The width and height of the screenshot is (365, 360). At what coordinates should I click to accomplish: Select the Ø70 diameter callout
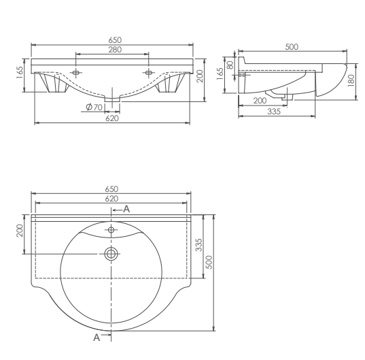[x=94, y=108]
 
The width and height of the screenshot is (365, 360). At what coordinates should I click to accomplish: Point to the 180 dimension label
[x=351, y=80]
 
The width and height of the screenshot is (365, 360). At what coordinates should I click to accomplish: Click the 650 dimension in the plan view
[x=111, y=189]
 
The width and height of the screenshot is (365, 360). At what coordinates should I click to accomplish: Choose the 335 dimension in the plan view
[x=199, y=246]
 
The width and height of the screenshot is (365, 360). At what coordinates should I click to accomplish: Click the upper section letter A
[x=126, y=210]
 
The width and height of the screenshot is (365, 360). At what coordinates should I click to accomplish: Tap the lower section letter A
[x=97, y=336]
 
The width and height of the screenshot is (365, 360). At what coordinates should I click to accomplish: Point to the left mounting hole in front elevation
[x=75, y=73]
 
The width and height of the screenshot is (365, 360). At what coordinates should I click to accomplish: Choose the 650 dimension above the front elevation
[x=111, y=40]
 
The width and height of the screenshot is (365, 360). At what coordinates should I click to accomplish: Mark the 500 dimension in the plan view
[x=210, y=263]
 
